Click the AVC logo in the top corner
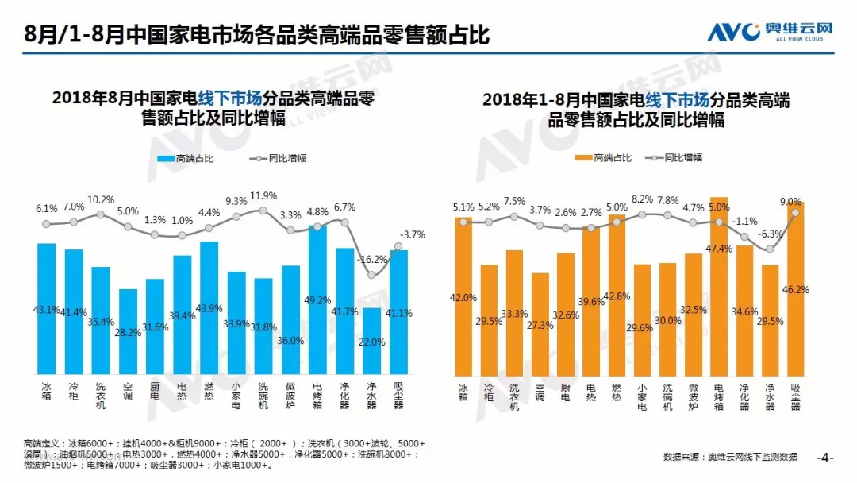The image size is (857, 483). pos(771,32)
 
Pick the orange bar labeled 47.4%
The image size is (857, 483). pos(719,286)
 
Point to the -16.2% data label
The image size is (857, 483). pos(371,259)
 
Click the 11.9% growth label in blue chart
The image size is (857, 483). pos(263,195)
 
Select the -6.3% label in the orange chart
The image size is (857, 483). pos(771,234)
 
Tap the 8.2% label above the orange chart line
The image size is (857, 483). pos(642,199)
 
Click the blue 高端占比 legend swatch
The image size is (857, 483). pos(166,159)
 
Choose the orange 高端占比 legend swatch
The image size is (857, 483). pos(582,158)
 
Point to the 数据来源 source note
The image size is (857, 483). pos(730,457)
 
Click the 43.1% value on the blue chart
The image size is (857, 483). pos(47,310)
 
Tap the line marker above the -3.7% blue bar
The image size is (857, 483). pos(398,246)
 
